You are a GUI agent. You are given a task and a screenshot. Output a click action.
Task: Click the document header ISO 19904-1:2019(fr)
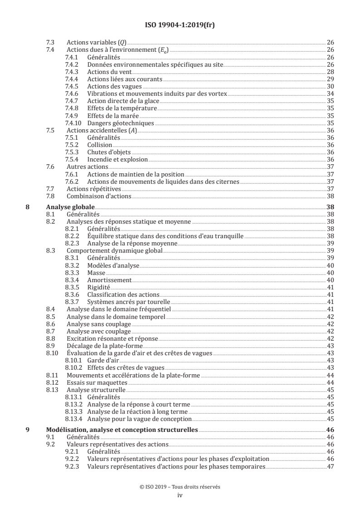(180, 25)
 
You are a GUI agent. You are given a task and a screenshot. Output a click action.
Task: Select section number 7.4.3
(72, 72)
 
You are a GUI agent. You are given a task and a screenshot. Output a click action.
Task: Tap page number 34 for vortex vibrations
(330, 94)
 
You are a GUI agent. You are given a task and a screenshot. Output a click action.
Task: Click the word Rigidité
(99, 287)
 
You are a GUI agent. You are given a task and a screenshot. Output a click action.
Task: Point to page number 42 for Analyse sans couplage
(330, 324)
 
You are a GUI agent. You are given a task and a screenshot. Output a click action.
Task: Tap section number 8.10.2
(73, 367)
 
